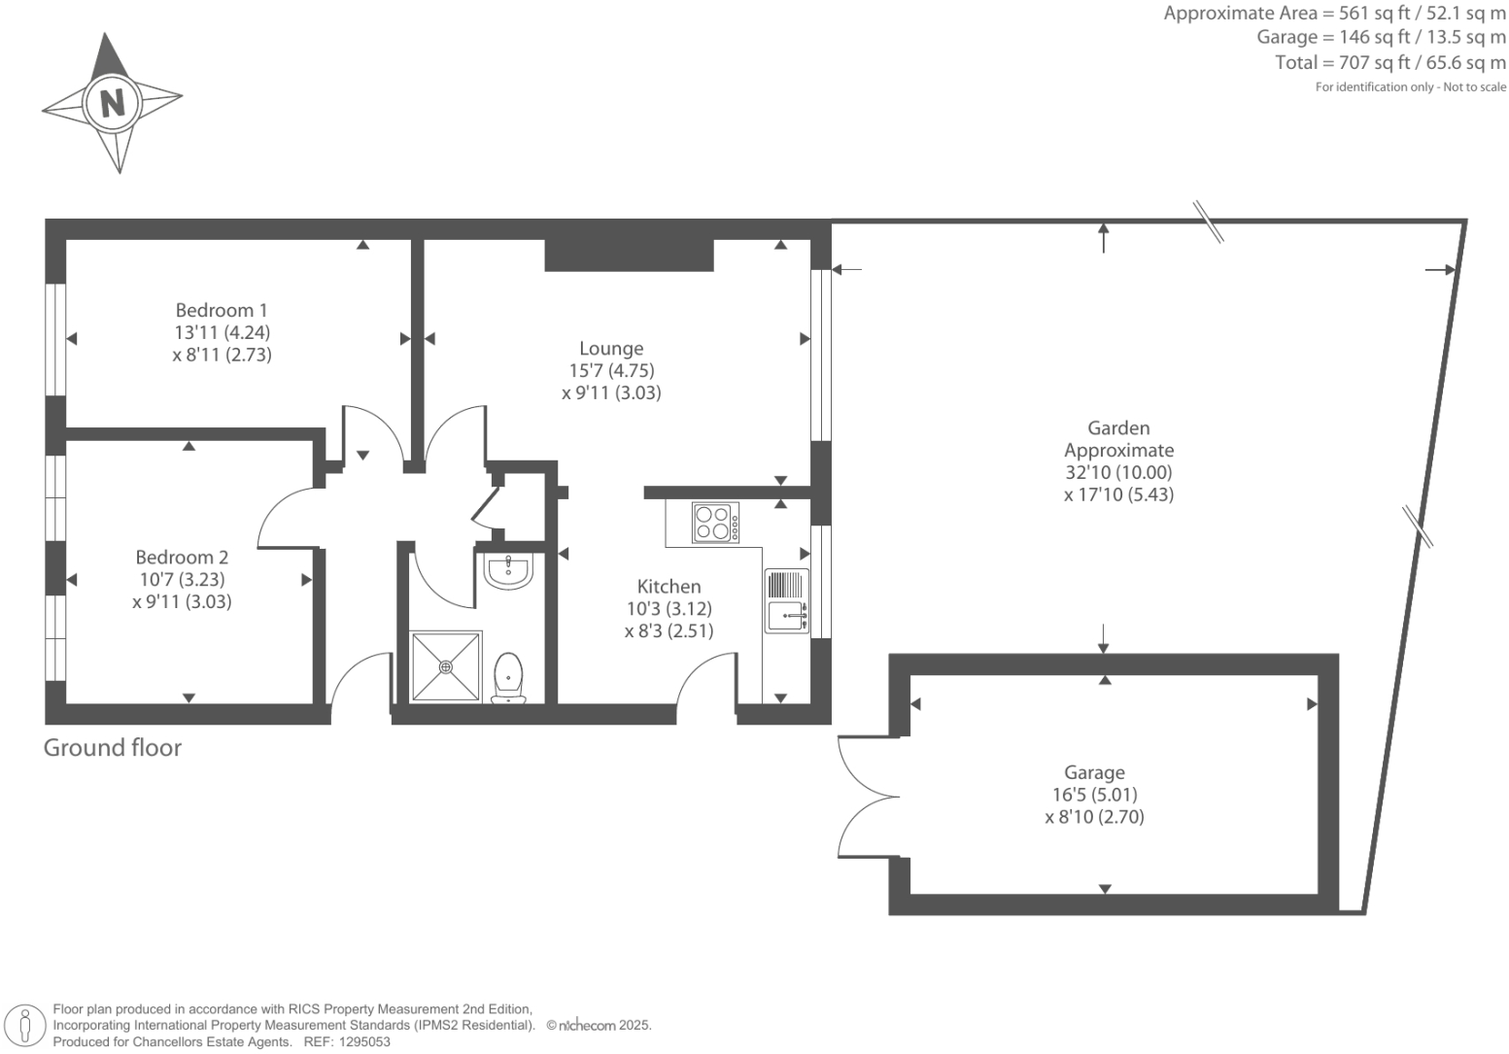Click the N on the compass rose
113,102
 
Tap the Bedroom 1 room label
222,311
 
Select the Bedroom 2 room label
182,558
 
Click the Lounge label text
611,349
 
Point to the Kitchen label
669,587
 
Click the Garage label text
1094,773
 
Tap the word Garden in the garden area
1118,428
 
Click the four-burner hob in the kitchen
715,523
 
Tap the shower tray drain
446,666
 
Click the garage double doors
869,797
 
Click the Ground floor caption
113,748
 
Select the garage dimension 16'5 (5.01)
1094,796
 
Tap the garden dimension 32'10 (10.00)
1118,473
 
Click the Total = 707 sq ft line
1389,63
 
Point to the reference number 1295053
362,1041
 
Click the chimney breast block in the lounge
629,255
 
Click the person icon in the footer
25,1025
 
